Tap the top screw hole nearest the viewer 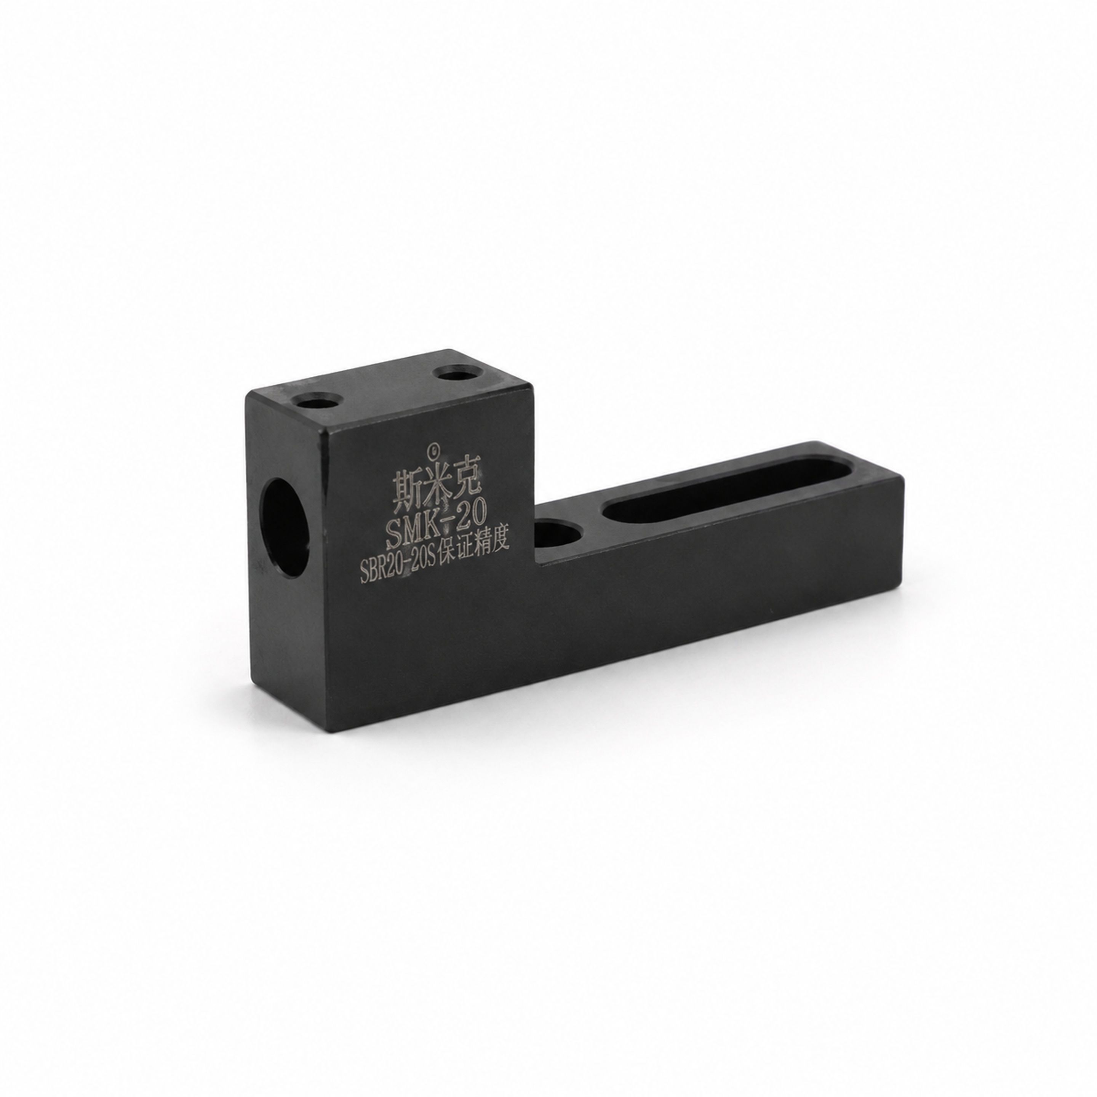click(316, 404)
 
